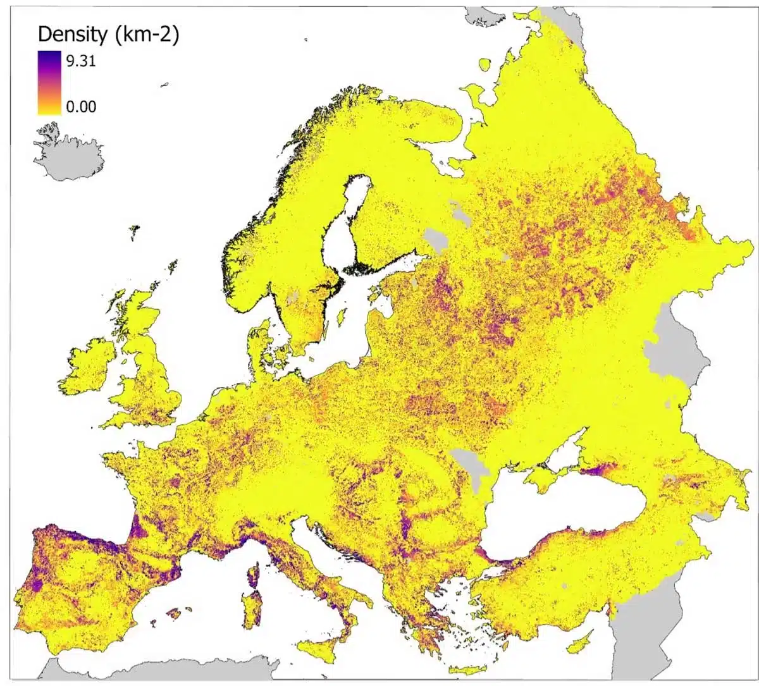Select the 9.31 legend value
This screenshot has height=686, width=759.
[81, 61]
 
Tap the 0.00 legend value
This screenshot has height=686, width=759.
[81, 106]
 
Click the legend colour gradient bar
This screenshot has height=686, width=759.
[49, 83]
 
